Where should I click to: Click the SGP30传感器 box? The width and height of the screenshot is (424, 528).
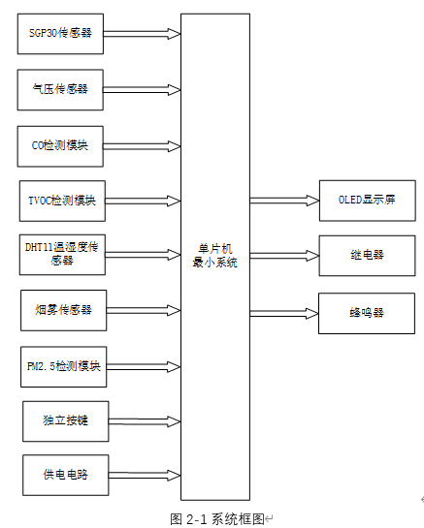(x=60, y=33)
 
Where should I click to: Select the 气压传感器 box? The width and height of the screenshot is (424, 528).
(x=60, y=89)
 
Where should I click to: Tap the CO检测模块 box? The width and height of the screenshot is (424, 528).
(x=60, y=145)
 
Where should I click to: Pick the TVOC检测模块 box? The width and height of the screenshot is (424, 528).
(x=61, y=200)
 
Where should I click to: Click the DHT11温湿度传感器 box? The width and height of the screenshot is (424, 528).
(x=61, y=254)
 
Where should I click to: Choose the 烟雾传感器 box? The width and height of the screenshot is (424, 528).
(x=63, y=309)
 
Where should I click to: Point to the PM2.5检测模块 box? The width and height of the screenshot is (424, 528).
(x=63, y=366)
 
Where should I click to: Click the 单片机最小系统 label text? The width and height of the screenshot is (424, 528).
(x=214, y=255)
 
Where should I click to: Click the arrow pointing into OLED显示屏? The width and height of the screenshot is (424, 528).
(x=283, y=200)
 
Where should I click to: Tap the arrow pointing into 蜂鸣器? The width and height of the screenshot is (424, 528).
(x=283, y=312)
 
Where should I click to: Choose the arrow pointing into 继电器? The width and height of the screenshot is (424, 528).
(x=283, y=255)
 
